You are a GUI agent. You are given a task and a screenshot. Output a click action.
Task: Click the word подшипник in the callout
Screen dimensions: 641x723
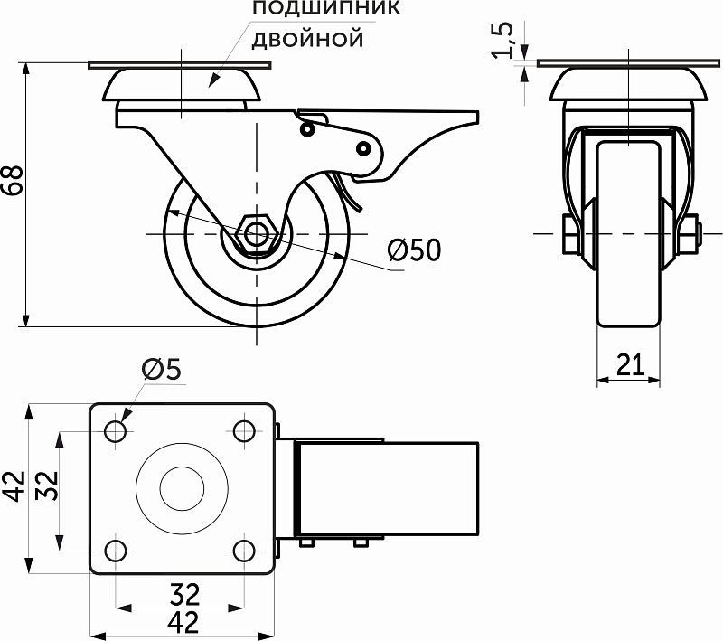tap(325, 10)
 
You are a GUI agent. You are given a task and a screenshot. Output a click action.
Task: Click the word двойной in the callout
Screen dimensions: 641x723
tap(306, 39)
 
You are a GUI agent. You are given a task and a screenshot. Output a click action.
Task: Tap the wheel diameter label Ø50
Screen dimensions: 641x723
tap(414, 250)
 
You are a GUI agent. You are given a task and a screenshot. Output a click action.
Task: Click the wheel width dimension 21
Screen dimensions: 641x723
tap(630, 364)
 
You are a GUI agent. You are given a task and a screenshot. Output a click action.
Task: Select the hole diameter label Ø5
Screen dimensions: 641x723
tap(162, 369)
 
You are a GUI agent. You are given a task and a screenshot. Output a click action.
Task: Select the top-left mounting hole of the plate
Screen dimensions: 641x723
tap(116, 431)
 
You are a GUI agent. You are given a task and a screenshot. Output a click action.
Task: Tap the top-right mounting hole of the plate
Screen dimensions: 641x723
tap(243, 431)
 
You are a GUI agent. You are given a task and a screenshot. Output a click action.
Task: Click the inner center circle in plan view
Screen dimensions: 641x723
tap(180, 490)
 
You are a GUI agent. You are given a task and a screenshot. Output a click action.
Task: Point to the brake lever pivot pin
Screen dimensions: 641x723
tap(364, 146)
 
